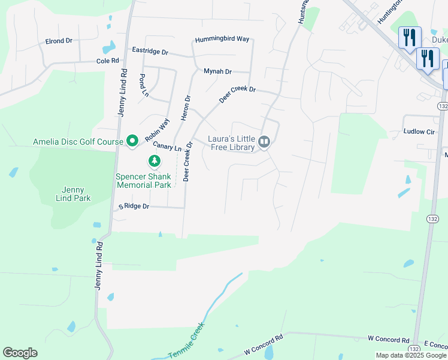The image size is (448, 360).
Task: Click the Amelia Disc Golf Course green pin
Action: coord(132,142)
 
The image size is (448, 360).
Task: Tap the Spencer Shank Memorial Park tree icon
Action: coord(155,161)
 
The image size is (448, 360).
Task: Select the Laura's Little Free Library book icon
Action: coord(264,142)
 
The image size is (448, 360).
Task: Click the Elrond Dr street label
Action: coord(59,41)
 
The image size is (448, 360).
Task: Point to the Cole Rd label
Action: coord(108,61)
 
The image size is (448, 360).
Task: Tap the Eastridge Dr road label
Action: coord(150,51)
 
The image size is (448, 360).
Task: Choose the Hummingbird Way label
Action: coord(222,39)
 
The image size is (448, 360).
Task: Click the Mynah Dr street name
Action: coord(217,71)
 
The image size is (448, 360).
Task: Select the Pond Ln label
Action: coord(144,85)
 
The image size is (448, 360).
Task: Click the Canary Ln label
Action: coord(167,146)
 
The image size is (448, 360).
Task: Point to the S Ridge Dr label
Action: coord(133,206)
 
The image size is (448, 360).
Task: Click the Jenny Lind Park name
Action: coord(72,194)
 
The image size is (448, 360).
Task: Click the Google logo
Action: coord(20,353)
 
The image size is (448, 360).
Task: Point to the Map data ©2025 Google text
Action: coord(411,355)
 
